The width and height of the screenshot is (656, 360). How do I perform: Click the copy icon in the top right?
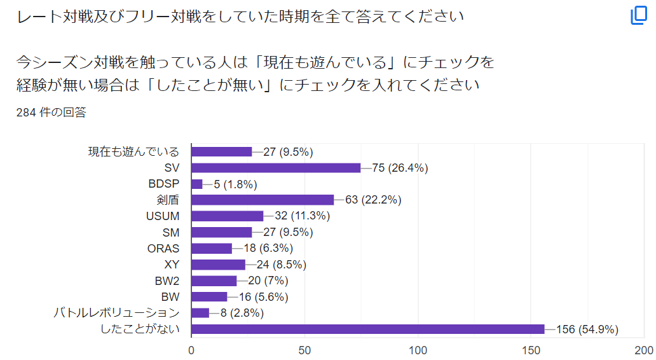(x=638, y=16)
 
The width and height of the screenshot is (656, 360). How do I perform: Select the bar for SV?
(x=276, y=168)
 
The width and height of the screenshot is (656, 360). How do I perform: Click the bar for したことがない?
(x=367, y=329)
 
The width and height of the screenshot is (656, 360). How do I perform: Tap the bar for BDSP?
(x=197, y=184)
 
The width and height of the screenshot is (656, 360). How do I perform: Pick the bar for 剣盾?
(x=263, y=200)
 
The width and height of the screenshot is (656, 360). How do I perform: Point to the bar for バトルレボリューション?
(x=200, y=313)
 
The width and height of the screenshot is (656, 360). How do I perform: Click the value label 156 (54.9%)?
(x=587, y=329)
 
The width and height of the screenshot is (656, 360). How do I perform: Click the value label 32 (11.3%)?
(x=302, y=216)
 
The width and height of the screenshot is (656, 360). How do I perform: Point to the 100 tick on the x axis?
(x=418, y=350)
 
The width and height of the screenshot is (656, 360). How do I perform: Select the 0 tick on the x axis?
(x=191, y=350)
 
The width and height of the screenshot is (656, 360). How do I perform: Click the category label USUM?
(x=163, y=216)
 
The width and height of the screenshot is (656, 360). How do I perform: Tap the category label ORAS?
(x=163, y=249)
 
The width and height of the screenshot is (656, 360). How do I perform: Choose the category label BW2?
(x=167, y=280)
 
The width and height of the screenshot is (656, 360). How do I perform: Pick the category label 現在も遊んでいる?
(x=133, y=152)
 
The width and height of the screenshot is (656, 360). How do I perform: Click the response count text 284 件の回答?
(x=51, y=113)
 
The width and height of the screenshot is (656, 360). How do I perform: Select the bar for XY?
(x=218, y=265)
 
